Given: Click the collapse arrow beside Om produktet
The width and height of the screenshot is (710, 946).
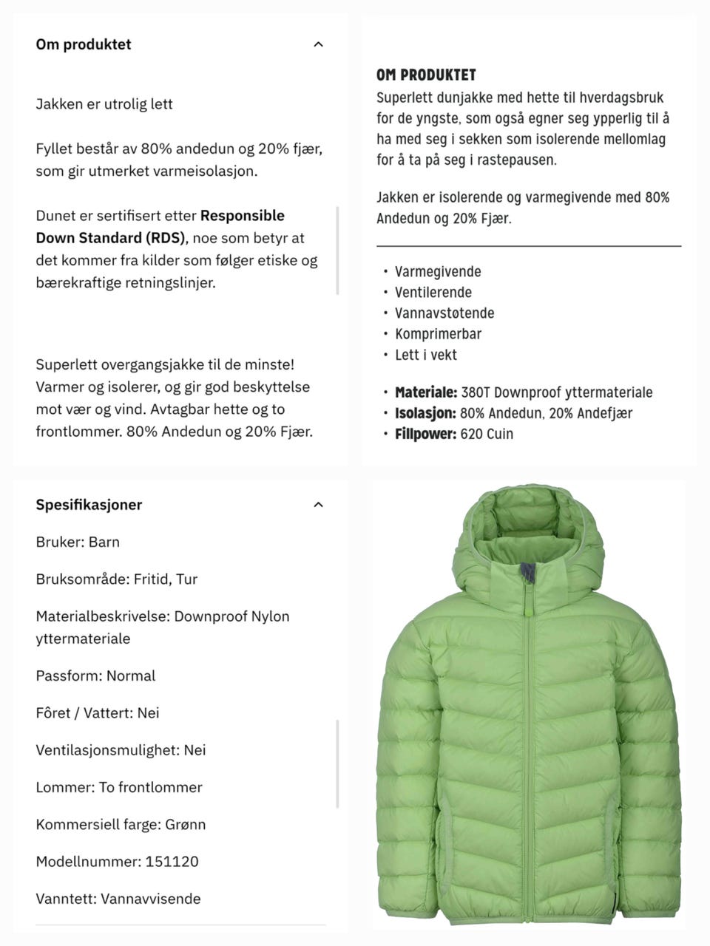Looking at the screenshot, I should tap(318, 44).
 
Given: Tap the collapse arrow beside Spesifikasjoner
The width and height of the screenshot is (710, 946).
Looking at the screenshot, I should tap(318, 505).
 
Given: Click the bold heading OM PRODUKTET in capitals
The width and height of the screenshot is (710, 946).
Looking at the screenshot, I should tap(426, 75).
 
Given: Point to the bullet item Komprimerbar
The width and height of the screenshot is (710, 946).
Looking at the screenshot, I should tap(438, 334).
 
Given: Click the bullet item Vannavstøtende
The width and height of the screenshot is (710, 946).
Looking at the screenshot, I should tap(444, 313).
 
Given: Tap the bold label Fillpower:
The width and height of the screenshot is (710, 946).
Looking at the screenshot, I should tap(425, 434).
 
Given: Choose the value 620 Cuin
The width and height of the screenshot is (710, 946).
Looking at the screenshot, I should tap(487, 434).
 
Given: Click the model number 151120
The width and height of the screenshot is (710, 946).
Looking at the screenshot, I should tap(172, 862).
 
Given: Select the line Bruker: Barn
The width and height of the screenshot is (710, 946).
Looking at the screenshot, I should tap(78, 542).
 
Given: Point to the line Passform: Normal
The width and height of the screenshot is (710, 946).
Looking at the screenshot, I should tap(95, 676).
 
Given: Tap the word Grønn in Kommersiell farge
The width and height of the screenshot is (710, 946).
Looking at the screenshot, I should tap(186, 825).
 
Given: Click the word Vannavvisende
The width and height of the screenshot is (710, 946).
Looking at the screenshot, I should tap(151, 899).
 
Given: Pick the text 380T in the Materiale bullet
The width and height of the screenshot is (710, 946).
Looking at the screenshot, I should tap(476, 392).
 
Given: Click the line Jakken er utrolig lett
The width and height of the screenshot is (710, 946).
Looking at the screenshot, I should tap(104, 104).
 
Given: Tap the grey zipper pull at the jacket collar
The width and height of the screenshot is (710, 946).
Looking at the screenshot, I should tap(528, 572).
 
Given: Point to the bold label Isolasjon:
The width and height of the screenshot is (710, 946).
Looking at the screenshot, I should tap(425, 413).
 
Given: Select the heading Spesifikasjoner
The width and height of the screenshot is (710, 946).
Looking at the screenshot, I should tap(89, 505).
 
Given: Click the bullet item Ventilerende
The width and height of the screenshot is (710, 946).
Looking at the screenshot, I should tap(433, 293).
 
